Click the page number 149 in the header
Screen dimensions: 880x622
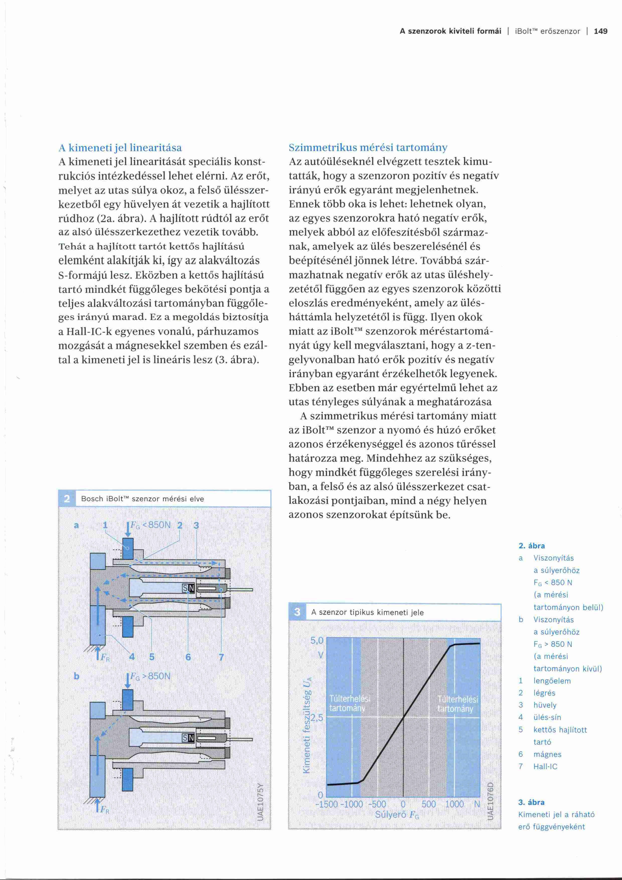click(600, 31)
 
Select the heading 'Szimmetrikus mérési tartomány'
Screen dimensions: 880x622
click(368, 148)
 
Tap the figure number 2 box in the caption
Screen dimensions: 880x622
click(67, 499)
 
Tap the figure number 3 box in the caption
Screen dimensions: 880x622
click(297, 612)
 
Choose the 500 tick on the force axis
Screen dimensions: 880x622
click(429, 804)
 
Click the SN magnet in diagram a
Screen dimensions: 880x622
click(188, 588)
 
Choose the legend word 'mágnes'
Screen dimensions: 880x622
click(547, 754)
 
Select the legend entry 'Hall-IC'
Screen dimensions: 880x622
click(546, 767)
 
